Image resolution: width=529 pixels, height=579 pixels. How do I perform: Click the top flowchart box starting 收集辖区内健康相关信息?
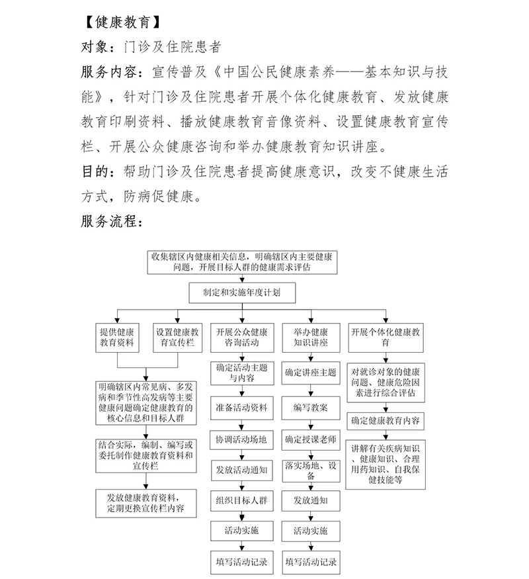pos(242,262)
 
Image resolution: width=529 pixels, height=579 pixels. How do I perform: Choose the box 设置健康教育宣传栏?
pos(177,337)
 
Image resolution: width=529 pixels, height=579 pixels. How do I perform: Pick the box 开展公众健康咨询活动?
pos(241,337)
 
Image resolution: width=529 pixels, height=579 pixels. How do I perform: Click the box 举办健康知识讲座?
pos(311,337)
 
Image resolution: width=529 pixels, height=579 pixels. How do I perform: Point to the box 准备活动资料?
pos(241,408)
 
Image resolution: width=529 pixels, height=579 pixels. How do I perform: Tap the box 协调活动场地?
pos(241,439)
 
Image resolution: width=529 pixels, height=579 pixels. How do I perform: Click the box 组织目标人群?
pos(241,500)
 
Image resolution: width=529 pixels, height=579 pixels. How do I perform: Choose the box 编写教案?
pos(311,408)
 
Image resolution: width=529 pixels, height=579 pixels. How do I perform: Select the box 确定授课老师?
pos(311,439)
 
